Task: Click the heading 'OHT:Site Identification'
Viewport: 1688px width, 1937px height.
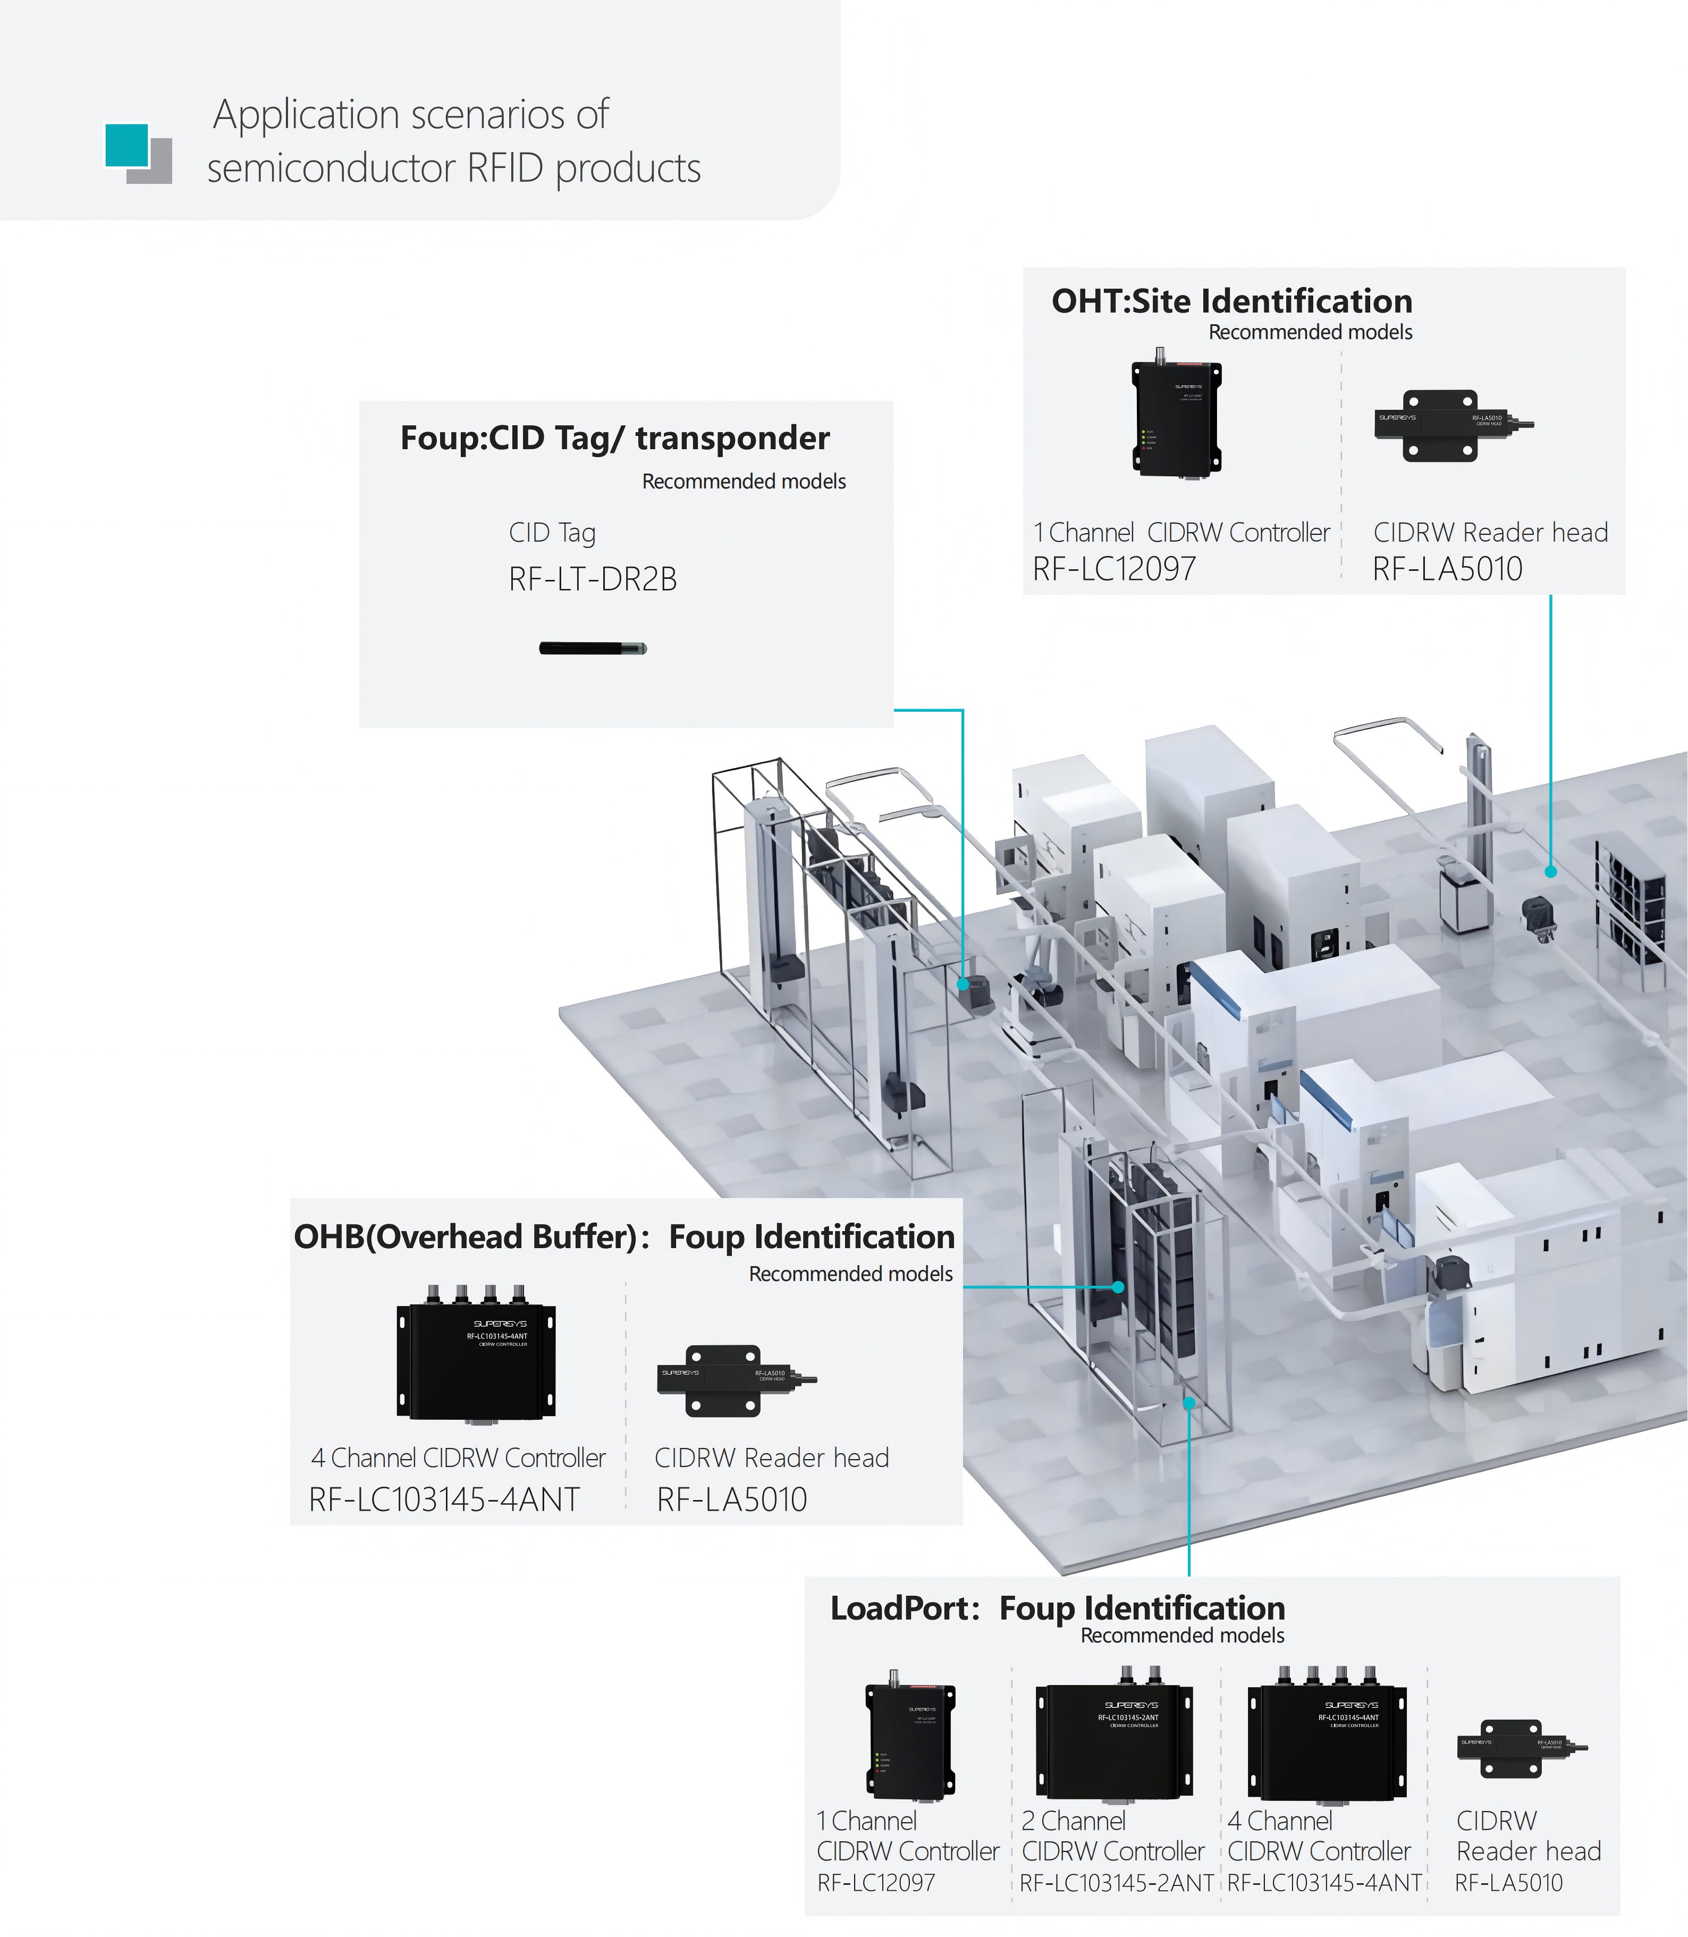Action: pyautogui.click(x=1231, y=301)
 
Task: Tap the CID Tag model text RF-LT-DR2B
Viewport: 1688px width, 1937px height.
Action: pyautogui.click(x=593, y=578)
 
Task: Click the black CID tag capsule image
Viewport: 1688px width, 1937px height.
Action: pyautogui.click(x=593, y=648)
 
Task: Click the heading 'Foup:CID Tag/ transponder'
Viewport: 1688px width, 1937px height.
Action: pyautogui.click(x=614, y=438)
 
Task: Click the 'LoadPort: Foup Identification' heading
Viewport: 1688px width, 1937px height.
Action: pyautogui.click(x=1057, y=1607)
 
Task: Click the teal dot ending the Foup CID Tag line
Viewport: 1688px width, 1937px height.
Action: pyautogui.click(x=963, y=983)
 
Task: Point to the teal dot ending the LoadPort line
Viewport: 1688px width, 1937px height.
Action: pyautogui.click(x=1189, y=1403)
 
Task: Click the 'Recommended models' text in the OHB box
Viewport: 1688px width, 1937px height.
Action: pyautogui.click(x=850, y=1274)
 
